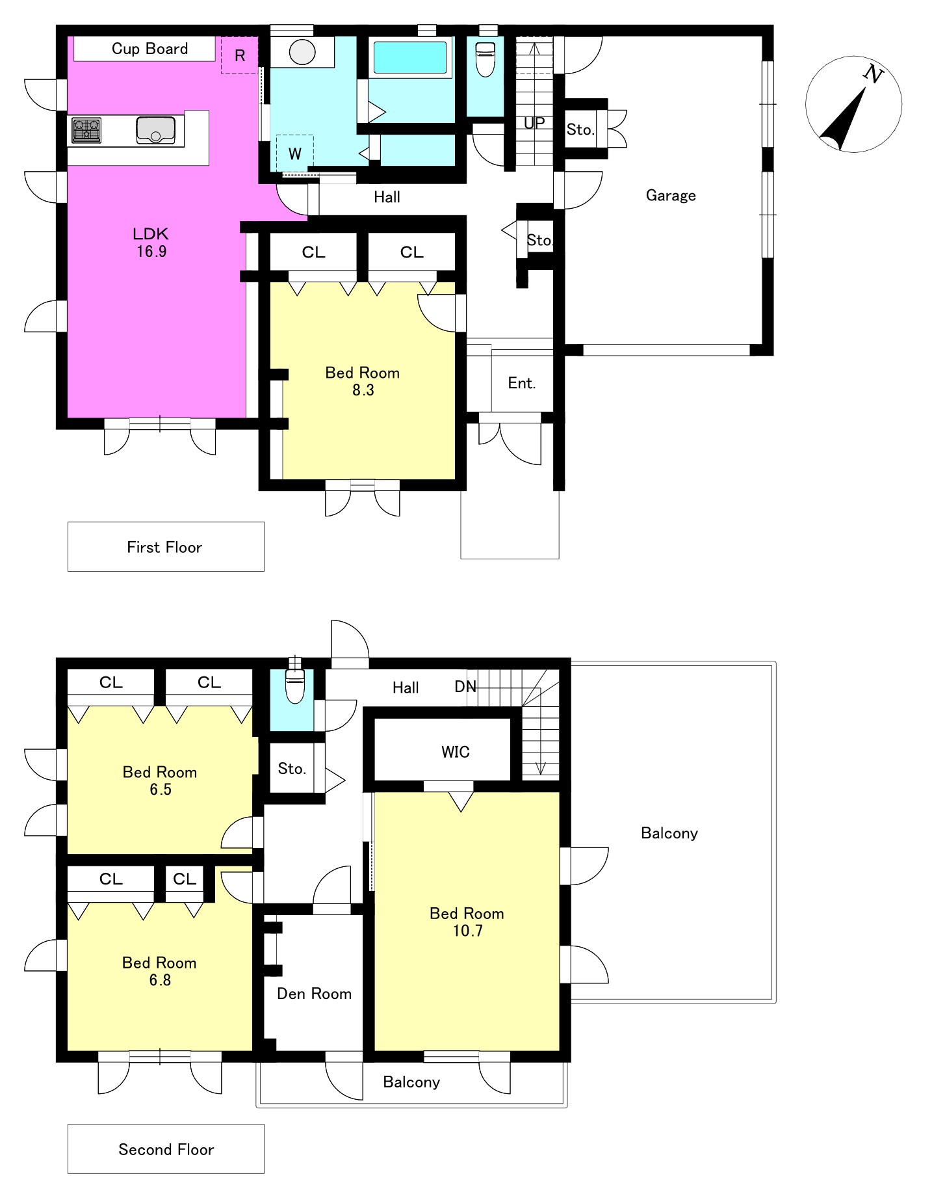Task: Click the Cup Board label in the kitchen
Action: point(149,49)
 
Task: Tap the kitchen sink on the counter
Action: point(156,130)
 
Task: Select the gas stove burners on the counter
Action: point(86,130)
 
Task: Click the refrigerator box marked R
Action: point(240,55)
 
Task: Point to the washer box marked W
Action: point(294,153)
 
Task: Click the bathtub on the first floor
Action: point(410,57)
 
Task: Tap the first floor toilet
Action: point(485,59)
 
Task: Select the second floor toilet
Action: point(295,686)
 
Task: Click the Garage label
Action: point(671,196)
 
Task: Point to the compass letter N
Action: point(874,74)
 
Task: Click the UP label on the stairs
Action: point(534,123)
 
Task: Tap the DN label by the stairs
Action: point(465,686)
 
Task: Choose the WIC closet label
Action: point(455,752)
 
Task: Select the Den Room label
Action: point(314,994)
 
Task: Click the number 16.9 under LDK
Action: point(151,252)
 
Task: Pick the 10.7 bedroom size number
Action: point(468,931)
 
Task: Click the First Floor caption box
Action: point(166,546)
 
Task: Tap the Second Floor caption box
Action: point(166,1149)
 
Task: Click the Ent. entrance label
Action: point(522,383)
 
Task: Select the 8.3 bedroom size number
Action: point(363,390)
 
